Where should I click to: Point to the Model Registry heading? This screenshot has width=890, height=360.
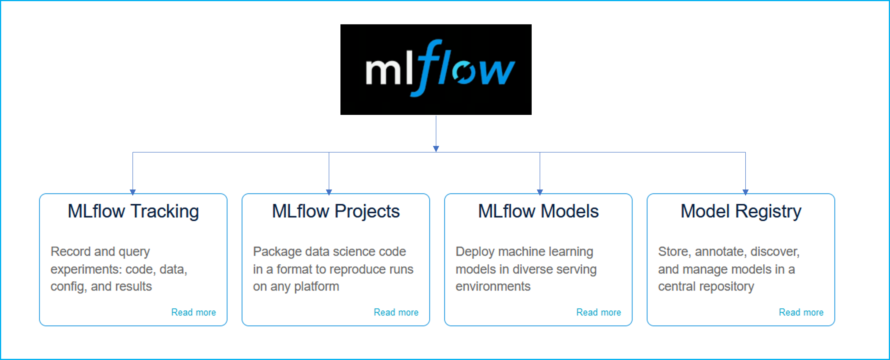(x=741, y=211)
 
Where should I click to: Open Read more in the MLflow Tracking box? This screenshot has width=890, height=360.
(x=193, y=312)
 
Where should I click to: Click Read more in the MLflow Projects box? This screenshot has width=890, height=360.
(x=396, y=312)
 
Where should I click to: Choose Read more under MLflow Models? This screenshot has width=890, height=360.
(x=598, y=312)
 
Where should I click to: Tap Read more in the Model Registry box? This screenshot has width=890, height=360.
(x=801, y=312)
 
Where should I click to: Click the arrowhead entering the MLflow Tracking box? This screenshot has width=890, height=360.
(x=133, y=192)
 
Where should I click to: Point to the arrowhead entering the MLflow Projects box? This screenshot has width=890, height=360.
(x=329, y=192)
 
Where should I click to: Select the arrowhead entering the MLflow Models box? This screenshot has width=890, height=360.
(x=540, y=192)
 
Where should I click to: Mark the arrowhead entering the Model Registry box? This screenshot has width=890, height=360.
(x=745, y=192)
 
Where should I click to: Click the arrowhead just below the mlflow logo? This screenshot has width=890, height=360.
(x=436, y=149)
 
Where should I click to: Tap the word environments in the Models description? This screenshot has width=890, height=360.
(x=493, y=286)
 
